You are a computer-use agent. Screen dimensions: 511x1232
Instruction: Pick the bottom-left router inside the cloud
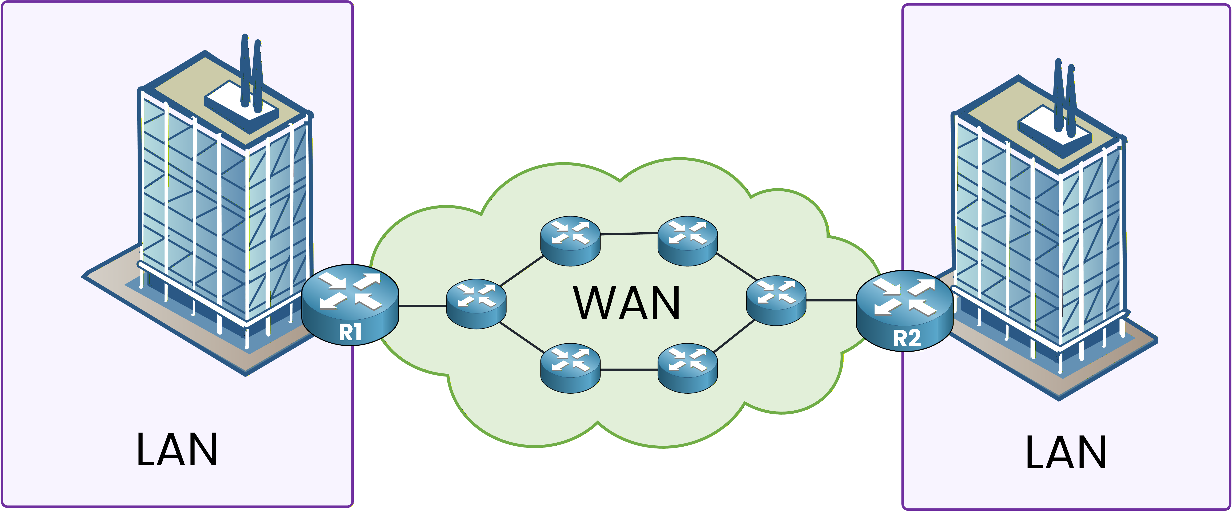click(570, 367)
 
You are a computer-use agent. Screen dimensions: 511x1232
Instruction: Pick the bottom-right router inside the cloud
click(687, 367)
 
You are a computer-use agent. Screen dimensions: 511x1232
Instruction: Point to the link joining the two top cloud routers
click(629, 234)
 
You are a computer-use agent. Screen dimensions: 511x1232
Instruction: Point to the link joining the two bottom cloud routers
click(629, 369)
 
